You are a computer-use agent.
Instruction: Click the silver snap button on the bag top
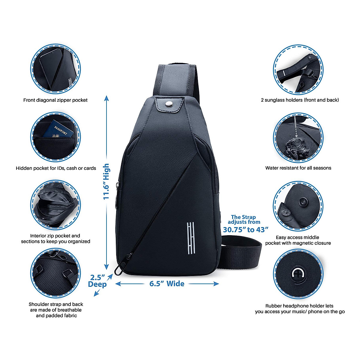pos(170,104)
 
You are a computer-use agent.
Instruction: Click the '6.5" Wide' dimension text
pos(167,283)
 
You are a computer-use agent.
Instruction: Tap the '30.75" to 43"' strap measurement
pos(245,229)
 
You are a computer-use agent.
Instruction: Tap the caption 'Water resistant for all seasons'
pos(298,168)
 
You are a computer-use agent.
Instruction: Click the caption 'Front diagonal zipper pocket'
pos(55,100)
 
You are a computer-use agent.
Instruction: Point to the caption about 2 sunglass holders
pos(300,100)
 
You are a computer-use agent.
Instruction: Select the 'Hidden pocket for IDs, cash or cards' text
pos(56,168)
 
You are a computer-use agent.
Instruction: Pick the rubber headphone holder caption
pos(300,309)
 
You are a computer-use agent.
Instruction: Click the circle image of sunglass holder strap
pos(298,70)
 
